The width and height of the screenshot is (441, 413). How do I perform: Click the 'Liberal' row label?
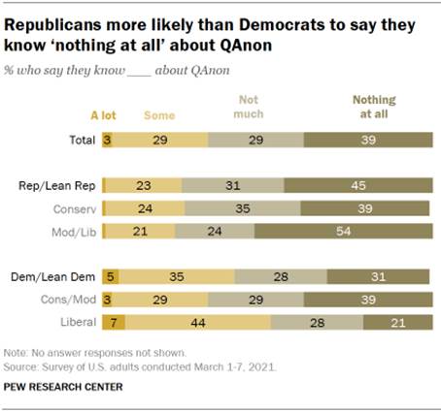click(77, 323)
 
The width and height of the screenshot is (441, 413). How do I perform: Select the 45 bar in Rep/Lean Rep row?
click(358, 185)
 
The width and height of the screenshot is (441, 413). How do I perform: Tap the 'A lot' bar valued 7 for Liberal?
click(113, 323)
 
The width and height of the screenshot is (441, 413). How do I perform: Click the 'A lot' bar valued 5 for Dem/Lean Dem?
click(110, 276)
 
